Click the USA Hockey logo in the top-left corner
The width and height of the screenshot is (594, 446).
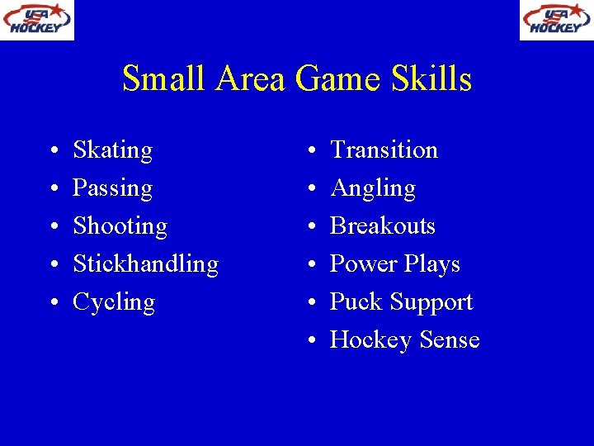tap(37, 20)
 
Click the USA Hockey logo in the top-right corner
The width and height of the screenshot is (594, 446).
tap(556, 20)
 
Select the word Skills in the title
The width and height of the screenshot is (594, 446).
tap(433, 79)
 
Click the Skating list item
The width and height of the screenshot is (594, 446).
tap(113, 150)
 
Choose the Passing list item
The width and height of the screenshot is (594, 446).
tap(113, 188)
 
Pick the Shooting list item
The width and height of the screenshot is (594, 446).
tap(120, 226)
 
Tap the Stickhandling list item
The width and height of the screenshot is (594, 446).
tap(146, 264)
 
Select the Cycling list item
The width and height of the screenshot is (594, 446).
tap(114, 302)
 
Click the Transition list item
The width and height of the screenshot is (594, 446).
tap(384, 150)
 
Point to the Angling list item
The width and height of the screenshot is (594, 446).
tap(373, 188)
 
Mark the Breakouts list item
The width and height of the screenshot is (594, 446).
tap(383, 226)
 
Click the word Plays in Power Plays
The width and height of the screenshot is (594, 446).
tap(432, 264)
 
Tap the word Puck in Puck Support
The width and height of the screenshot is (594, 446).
tap(352, 302)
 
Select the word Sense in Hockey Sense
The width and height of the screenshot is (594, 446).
tap(450, 340)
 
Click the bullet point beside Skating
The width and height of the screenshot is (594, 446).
tap(52, 152)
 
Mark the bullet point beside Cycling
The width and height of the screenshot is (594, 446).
tap(52, 304)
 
